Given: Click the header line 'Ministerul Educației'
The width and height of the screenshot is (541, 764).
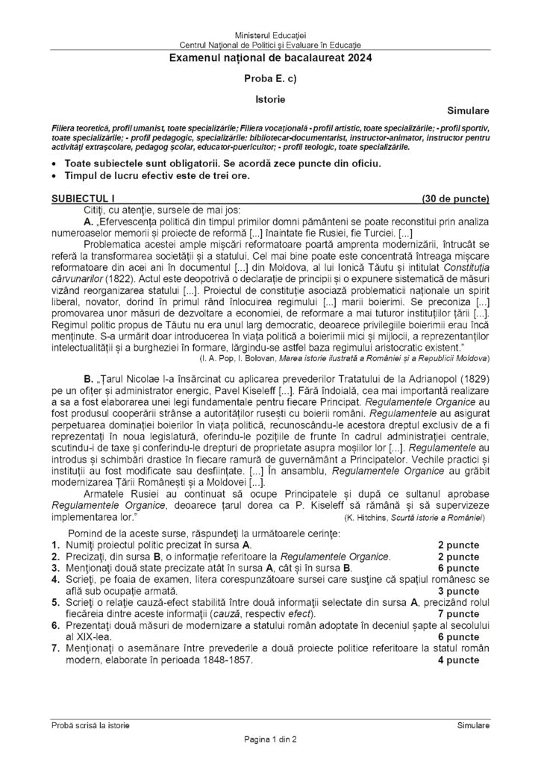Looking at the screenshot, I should (x=270, y=36).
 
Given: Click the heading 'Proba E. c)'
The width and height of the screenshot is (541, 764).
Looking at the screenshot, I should (x=270, y=78).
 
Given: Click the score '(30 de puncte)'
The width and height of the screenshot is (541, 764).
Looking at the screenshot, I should (x=455, y=199).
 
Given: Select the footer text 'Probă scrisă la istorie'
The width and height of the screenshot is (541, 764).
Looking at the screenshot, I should (x=90, y=725).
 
